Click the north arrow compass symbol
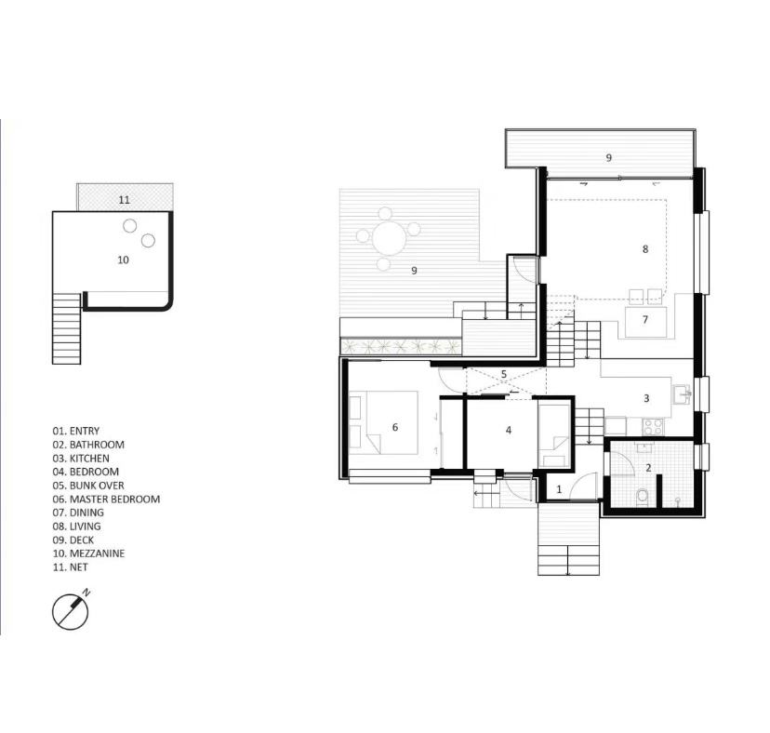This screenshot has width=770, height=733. [x=71, y=611]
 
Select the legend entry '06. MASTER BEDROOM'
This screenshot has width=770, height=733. [x=106, y=500]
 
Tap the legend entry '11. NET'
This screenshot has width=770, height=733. [x=71, y=566]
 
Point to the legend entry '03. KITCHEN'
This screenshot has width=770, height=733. [x=81, y=459]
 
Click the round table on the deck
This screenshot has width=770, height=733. [x=389, y=239]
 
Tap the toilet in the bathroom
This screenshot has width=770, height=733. [x=643, y=497]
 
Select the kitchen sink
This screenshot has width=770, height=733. [x=683, y=394]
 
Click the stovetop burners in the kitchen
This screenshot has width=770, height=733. [x=653, y=426]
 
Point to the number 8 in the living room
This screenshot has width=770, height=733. [x=645, y=249]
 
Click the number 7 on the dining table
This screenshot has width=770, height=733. [x=645, y=319]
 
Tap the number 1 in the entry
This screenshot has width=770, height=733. [x=559, y=489]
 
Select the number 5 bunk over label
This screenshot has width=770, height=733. [x=504, y=374]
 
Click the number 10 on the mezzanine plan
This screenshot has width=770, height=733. [x=123, y=260]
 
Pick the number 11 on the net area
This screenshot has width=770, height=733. [x=125, y=199]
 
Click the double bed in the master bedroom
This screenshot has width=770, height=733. [x=383, y=422]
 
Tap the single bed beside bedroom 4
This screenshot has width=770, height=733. [x=554, y=433]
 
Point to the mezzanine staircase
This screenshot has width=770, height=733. [x=67, y=328]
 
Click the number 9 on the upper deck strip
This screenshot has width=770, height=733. [x=609, y=158]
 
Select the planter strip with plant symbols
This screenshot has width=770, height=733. [x=401, y=346]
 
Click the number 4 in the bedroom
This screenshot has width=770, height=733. [x=509, y=431]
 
